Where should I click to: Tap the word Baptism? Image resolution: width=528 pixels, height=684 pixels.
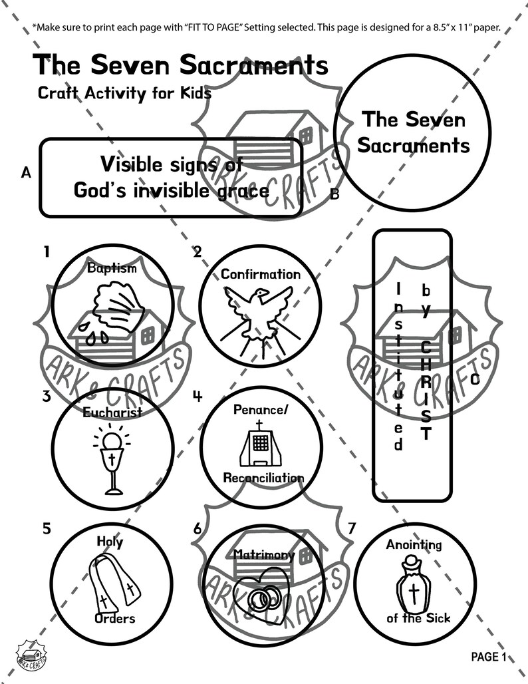point(112,268)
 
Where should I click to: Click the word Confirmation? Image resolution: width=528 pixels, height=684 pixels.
point(260,274)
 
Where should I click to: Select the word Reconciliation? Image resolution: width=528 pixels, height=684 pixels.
point(263,478)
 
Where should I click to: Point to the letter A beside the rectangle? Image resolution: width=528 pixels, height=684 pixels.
point(26,173)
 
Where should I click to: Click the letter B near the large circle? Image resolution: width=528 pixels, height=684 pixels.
point(334,194)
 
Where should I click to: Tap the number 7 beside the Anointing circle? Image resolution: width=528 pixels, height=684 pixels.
point(352,529)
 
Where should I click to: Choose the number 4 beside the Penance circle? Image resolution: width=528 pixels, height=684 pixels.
point(198,395)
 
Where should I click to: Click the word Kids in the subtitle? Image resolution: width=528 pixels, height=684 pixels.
point(193,93)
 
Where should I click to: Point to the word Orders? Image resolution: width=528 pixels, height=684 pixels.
point(114,618)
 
